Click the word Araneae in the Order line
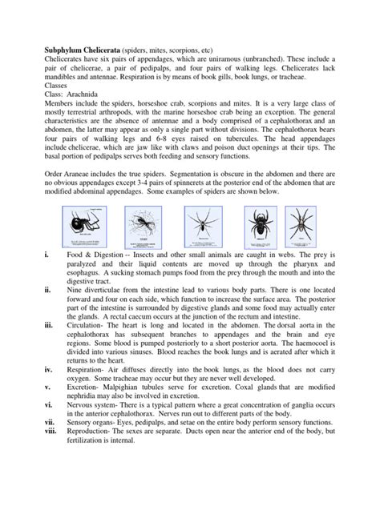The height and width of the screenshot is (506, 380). (x=80, y=200)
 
